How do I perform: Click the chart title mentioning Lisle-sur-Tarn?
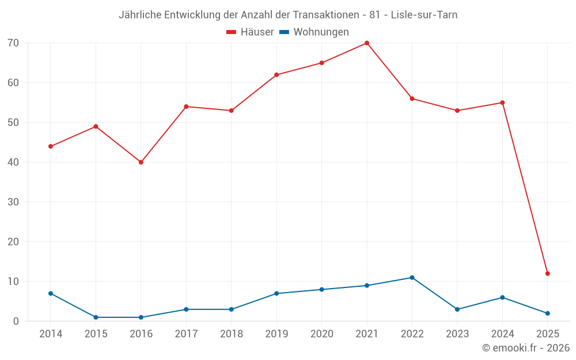coord(288,15)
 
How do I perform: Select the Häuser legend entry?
coord(250,32)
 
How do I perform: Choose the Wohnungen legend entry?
coord(314,32)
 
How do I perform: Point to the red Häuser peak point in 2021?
coord(367,43)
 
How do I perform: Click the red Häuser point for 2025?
coord(548,274)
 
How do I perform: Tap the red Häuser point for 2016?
coord(141,162)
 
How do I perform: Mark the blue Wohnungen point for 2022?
coord(412,278)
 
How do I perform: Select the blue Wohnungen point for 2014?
coord(51,294)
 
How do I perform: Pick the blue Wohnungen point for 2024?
coord(502,298)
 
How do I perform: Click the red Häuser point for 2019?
coord(276,75)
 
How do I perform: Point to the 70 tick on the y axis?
coord(13,43)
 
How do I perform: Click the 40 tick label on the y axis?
coord(13,162)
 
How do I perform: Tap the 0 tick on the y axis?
coord(16,321)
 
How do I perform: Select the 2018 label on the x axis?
coord(232,334)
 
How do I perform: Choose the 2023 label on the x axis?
coord(457,334)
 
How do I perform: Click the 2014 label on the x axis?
coord(51,334)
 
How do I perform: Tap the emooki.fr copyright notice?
coord(526,348)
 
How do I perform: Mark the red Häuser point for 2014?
coord(51,146)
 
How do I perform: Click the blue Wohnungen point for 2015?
coord(96,317)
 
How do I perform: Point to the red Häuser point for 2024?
coord(502,103)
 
